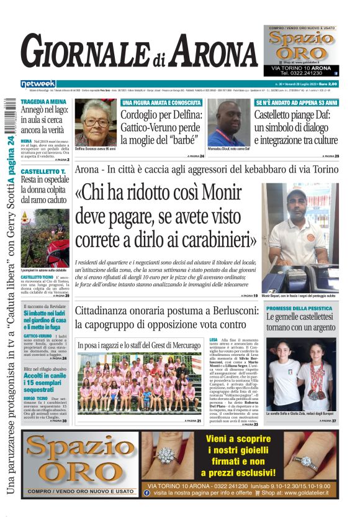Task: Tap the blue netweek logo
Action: click(38, 84)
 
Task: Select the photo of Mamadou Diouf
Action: click(228, 124)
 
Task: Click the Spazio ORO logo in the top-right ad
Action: click(301, 46)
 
